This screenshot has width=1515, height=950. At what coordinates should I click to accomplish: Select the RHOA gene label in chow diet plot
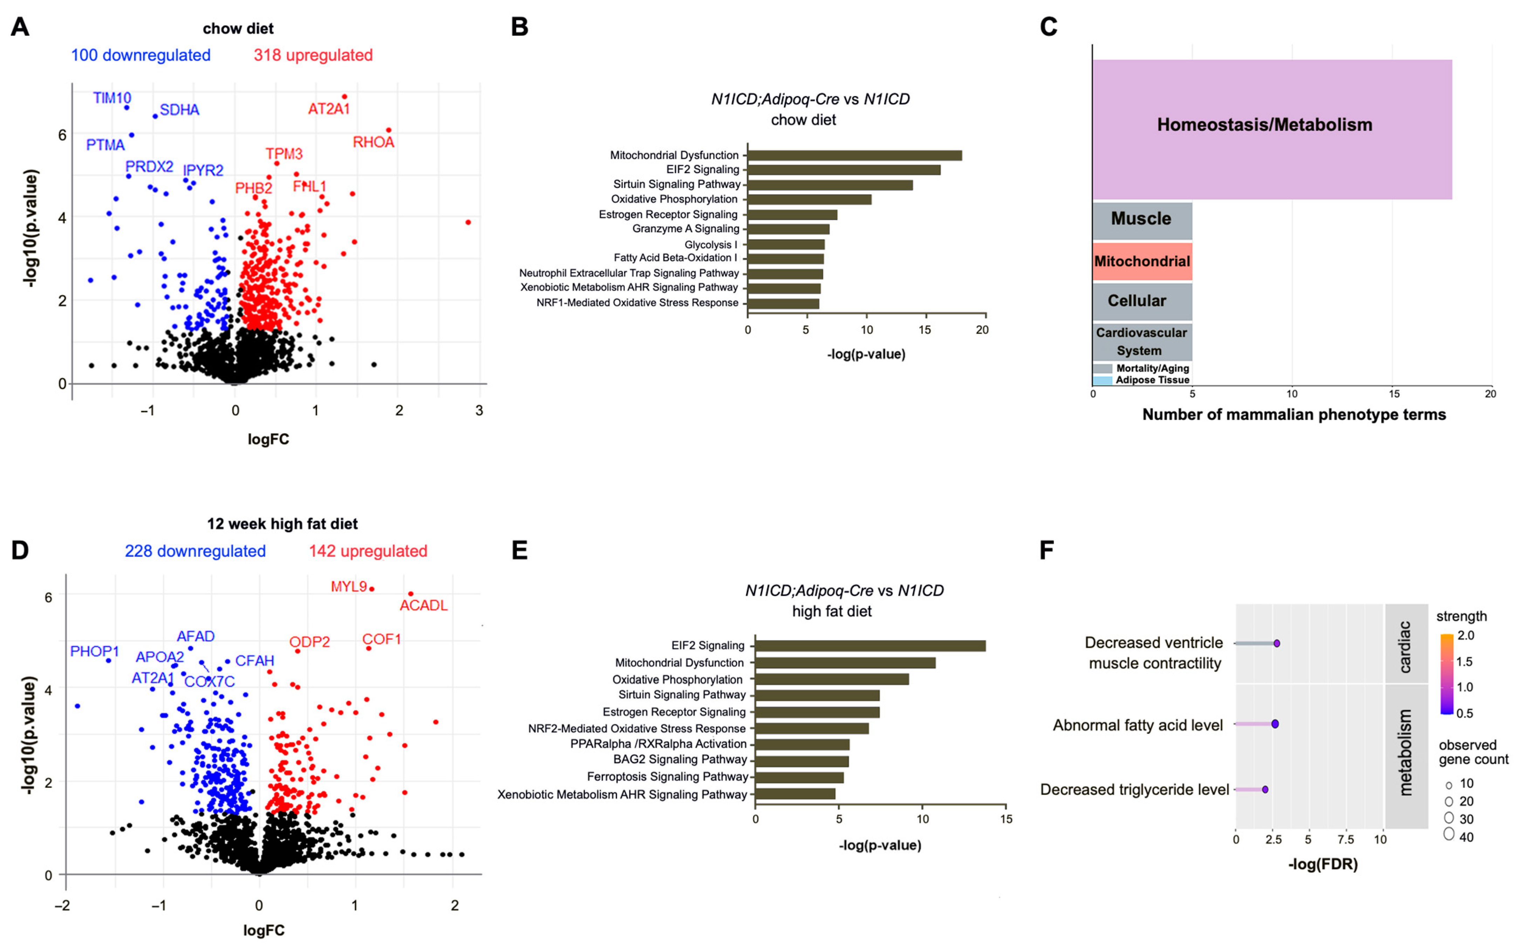373,143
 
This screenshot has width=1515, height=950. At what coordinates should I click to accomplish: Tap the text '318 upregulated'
313,55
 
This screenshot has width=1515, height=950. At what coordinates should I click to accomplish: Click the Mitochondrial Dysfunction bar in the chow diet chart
854,155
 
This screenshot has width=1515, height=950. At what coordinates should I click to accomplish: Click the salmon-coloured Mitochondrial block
1142,262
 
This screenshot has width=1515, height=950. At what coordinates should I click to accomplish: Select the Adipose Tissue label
1152,380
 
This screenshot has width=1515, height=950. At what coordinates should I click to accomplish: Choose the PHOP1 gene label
94,652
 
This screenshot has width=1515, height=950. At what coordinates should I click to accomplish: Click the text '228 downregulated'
195,551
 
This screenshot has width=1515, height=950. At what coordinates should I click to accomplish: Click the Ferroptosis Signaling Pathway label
667,776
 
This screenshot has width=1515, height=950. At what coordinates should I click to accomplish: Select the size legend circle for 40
1449,834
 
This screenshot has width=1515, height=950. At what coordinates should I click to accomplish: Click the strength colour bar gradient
1447,674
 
